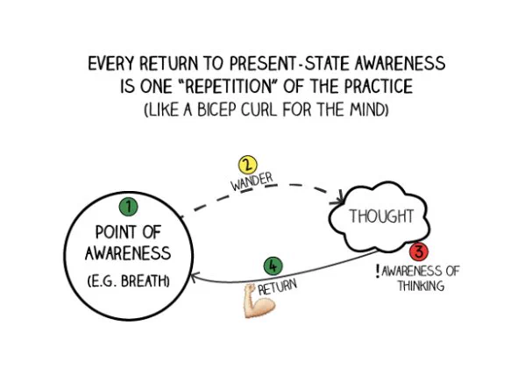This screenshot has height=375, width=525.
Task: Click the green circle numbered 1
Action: [128, 207]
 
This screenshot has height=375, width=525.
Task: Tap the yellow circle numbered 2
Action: [247, 166]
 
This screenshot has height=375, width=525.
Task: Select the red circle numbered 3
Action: [419, 251]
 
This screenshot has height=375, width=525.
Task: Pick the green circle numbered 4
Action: [273, 266]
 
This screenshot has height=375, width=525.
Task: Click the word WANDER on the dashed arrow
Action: [252, 182]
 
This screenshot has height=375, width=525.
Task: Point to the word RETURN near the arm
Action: [277, 287]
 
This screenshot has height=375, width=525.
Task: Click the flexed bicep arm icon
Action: [259, 301]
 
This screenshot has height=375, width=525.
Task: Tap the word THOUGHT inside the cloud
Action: [381, 216]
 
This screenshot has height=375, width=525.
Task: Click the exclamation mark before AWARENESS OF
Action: [378, 272]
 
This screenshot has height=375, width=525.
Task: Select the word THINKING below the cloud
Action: [422, 286]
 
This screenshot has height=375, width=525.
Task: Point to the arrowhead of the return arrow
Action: [195, 278]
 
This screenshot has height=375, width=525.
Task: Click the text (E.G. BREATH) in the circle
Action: [129, 281]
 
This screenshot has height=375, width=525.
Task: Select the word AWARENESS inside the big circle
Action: [128, 253]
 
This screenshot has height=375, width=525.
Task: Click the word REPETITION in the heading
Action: [228, 87]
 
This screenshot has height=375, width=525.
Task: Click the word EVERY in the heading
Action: [110, 64]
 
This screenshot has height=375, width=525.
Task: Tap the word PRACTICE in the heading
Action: [379, 87]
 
